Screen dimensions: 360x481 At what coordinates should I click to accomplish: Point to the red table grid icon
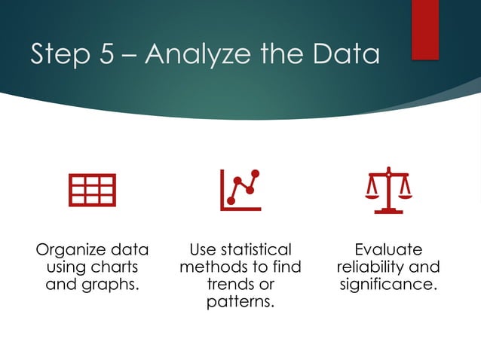tap(92, 190)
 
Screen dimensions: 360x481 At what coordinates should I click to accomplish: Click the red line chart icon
tap(240, 190)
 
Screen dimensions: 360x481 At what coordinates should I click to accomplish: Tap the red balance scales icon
tap(388, 190)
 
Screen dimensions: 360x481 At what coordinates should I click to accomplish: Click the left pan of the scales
tap(372, 193)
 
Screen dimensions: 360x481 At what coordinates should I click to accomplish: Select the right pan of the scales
tap(405, 193)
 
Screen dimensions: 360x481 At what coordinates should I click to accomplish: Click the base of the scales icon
tap(388, 210)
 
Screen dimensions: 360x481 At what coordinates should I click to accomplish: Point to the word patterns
tap(240, 302)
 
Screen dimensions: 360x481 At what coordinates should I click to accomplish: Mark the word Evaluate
tap(388, 249)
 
